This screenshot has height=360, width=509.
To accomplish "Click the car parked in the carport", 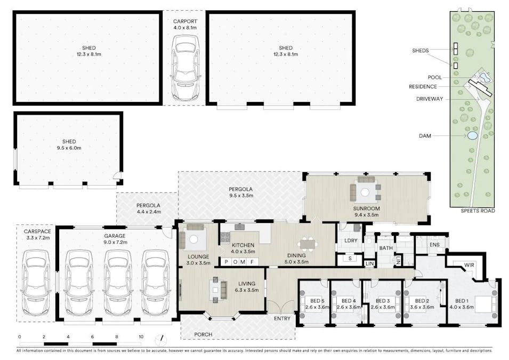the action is (185, 67).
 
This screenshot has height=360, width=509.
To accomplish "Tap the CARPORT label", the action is (185, 21).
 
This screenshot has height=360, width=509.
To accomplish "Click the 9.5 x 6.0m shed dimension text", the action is (69, 148).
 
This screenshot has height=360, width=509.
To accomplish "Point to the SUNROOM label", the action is (366, 209).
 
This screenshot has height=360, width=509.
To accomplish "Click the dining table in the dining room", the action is (307, 244).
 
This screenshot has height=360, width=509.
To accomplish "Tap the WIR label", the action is (468, 265).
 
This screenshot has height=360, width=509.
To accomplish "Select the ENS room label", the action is (434, 245).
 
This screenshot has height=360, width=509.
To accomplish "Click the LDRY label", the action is (351, 241).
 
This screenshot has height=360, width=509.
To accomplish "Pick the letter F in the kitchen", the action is (252, 262).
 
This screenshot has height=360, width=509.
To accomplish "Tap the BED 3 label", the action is (383, 301).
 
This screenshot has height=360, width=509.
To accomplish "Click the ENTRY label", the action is (282, 318).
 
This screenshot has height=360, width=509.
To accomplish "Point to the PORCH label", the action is (203, 334).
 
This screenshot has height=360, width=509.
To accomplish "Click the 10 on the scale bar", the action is (141, 337).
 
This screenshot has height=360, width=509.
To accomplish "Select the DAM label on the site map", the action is (425, 136).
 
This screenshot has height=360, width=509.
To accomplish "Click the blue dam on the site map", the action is (472, 135).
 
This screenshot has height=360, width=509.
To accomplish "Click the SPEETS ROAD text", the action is (478, 211).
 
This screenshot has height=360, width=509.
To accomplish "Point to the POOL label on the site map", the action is (435, 77).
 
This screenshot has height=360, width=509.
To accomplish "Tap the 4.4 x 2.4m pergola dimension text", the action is (149, 212).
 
